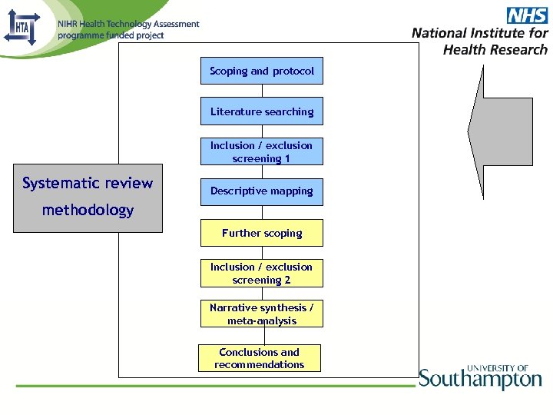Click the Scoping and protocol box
pyautogui.click(x=262, y=71)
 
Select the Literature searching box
pyautogui.click(x=262, y=111)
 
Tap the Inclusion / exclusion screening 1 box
pyautogui.click(x=262, y=151)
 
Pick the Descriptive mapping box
pyautogui.click(x=262, y=191)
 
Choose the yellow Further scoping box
pyautogui.click(x=262, y=233)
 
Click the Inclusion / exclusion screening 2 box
pyautogui.click(x=262, y=274)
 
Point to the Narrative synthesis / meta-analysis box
pyautogui.click(x=262, y=314)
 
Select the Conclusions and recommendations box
pyautogui.click(x=260, y=358)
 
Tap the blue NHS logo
pyautogui.click(x=527, y=15)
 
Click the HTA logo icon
pyautogui.click(x=21, y=28)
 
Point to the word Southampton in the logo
pyautogui.click(x=480, y=380)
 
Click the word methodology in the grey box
pyautogui.click(x=88, y=210)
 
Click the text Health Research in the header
pyautogui.click(x=495, y=50)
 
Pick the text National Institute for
pyautogui.click(x=480, y=33)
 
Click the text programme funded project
pyautogui.click(x=111, y=35)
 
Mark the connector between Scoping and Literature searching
pyautogui.click(x=262, y=91)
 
